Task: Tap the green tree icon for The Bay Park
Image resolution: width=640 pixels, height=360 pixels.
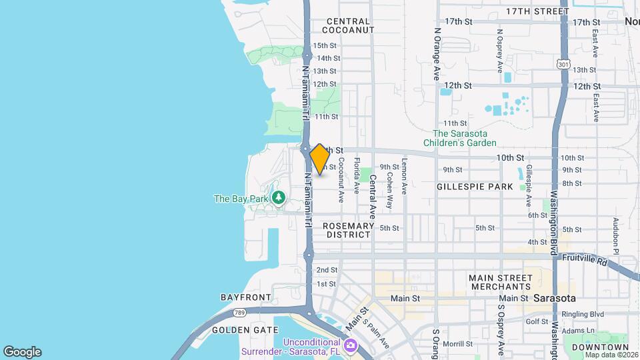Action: click(279, 198)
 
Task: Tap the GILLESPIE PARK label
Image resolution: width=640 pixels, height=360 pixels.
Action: click(475, 187)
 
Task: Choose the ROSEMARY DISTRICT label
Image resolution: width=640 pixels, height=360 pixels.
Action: click(347, 231)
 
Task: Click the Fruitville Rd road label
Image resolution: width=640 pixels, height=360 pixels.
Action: click(584, 257)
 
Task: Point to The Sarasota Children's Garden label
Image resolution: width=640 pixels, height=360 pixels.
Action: click(464, 138)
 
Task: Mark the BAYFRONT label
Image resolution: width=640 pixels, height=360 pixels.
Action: click(246, 297)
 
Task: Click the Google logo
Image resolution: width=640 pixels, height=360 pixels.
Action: click(22, 351)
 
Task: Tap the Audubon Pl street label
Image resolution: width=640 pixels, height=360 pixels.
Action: click(617, 235)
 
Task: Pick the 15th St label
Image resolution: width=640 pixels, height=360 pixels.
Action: click(326, 45)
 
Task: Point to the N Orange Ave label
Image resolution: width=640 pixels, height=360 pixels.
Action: click(437, 54)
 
